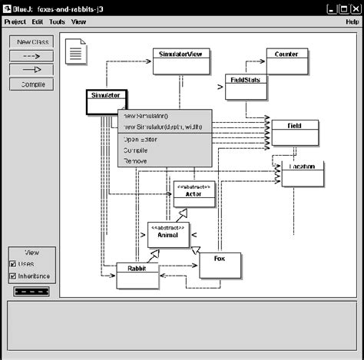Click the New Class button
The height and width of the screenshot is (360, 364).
tap(31, 41)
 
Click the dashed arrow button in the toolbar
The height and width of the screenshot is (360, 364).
tap(31, 55)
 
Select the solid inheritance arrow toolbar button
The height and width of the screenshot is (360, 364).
tap(31, 70)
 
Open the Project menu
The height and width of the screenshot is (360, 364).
tap(15, 22)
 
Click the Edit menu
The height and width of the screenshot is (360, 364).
tap(38, 22)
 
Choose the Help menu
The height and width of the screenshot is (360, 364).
tap(352, 22)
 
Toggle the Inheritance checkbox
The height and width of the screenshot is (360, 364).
tap(13, 276)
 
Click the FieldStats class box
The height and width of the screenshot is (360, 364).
tap(246, 87)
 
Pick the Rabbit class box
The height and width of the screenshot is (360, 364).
tap(137, 276)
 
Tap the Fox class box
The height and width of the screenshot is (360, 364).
tap(220, 265)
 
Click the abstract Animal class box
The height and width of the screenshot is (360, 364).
tap(168, 235)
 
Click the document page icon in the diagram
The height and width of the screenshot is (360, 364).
tap(78, 54)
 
